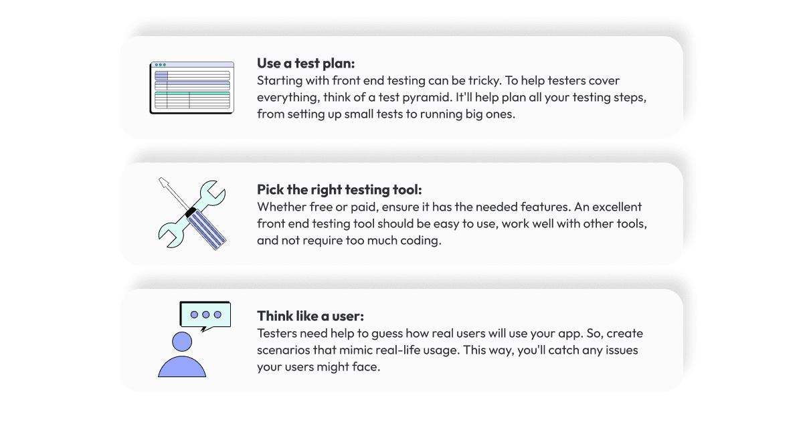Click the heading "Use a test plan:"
(x=306, y=64)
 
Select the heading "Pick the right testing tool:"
(x=339, y=190)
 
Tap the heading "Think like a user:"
(x=310, y=316)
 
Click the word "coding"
(x=423, y=241)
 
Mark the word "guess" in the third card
(x=363, y=333)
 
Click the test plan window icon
(x=191, y=88)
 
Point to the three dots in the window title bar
(x=161, y=65)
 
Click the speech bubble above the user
(x=205, y=315)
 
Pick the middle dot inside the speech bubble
(x=205, y=314)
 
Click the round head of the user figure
(x=181, y=342)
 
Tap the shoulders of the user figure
(x=181, y=366)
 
